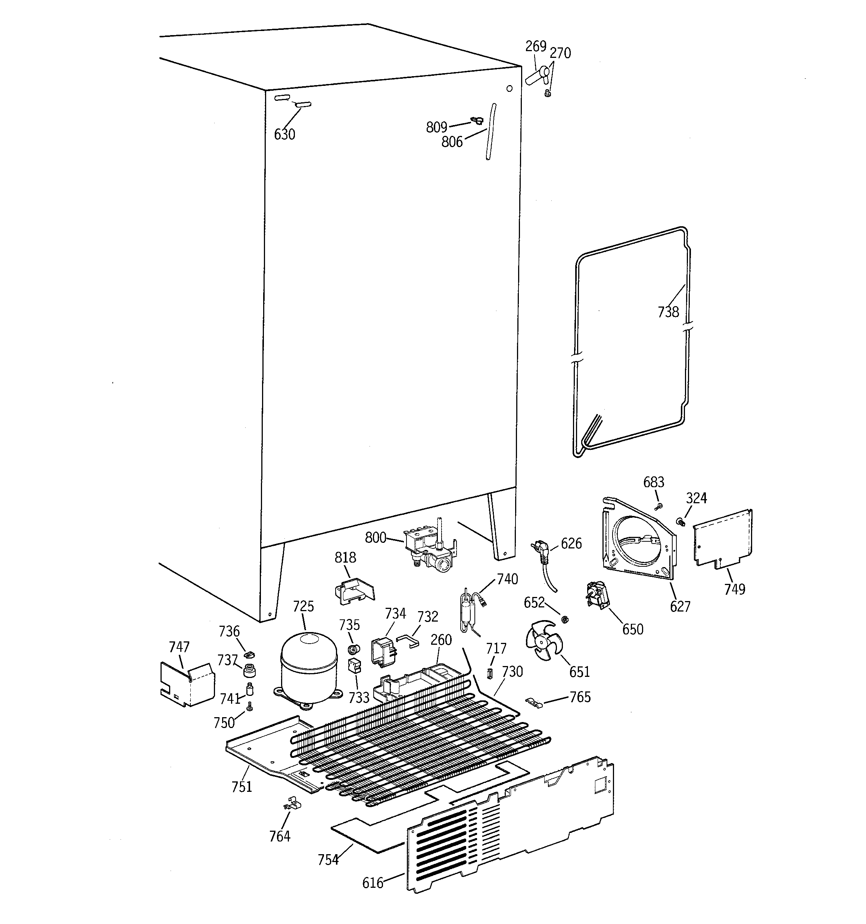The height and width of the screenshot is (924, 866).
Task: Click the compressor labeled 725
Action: pyautogui.click(x=309, y=668)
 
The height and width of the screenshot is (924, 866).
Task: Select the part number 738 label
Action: pyautogui.click(x=668, y=312)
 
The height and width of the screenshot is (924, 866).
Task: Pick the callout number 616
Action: pyautogui.click(x=373, y=883)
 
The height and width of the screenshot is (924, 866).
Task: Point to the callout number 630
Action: pyautogui.click(x=284, y=134)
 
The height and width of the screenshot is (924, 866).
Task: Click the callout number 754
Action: pyautogui.click(x=328, y=860)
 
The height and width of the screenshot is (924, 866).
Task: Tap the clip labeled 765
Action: pyautogui.click(x=535, y=702)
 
